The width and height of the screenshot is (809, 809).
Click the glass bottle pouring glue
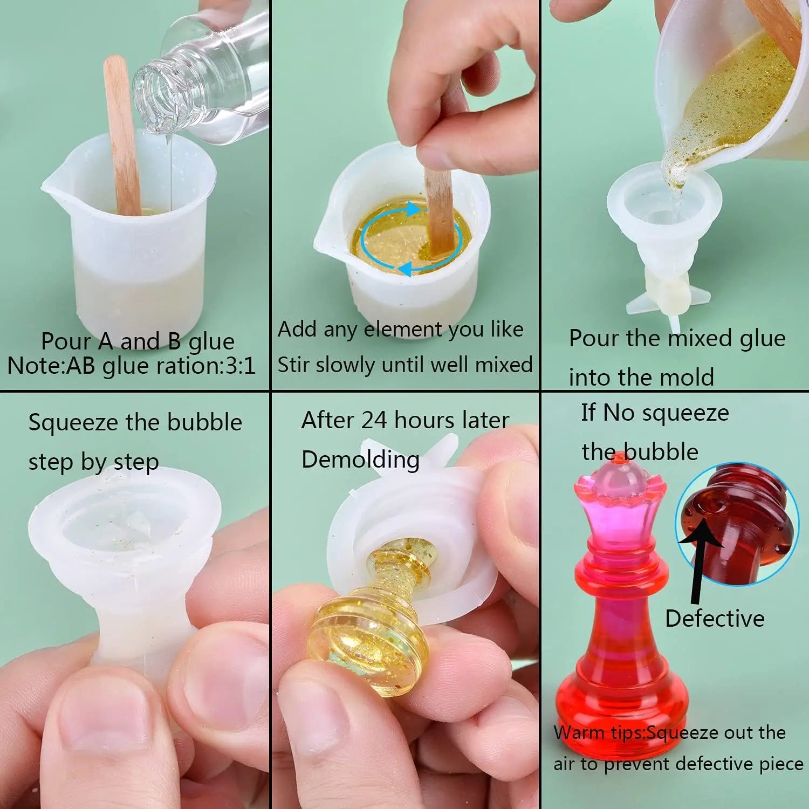(210, 81)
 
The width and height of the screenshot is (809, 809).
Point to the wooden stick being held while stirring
(438, 210)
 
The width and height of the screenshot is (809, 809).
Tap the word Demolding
(360, 460)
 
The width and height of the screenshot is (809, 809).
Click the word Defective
(715, 618)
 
